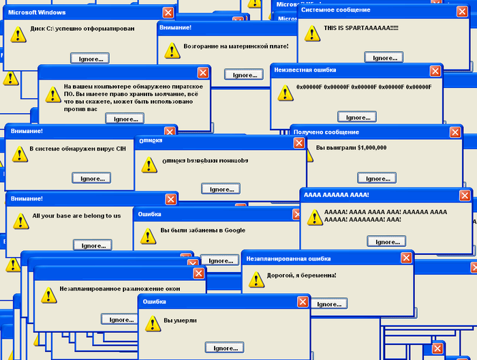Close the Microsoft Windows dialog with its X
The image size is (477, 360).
click(168, 12)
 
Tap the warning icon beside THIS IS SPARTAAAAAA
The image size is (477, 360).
click(312, 33)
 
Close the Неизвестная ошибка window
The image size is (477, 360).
click(435, 71)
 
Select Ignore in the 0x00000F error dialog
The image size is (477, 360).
click(356, 117)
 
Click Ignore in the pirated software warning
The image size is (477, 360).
click(125, 119)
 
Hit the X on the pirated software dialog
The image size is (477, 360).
click(202, 72)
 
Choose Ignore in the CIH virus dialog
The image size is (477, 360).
click(91, 178)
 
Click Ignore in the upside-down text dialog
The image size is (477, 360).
click(221, 189)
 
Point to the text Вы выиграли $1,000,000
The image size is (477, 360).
click(352, 147)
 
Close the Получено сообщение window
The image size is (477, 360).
click(455, 132)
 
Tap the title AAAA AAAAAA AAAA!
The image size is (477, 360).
click(337, 195)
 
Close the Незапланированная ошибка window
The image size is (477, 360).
click(406, 258)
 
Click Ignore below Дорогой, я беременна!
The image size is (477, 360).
click(329, 304)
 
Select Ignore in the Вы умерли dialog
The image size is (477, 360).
click(225, 348)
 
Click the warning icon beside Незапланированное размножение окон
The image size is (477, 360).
click(48, 295)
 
